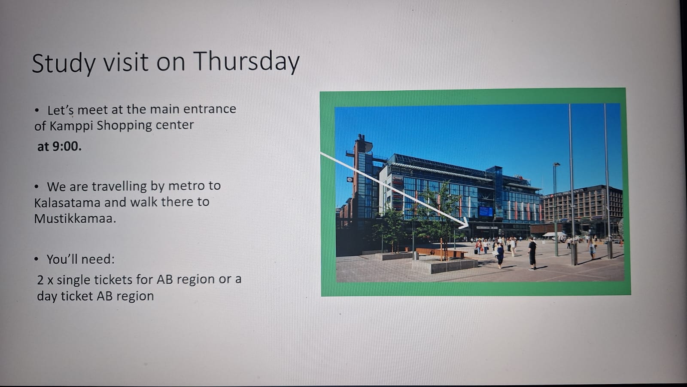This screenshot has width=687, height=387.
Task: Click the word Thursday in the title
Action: (246, 62)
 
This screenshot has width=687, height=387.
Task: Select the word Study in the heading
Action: (64, 64)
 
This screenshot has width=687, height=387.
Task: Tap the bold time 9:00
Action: (67, 147)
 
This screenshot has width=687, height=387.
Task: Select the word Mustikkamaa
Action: (75, 219)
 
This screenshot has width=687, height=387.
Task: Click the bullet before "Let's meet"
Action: (37, 110)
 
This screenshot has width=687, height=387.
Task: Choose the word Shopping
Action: (124, 126)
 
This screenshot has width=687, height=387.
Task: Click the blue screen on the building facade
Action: (486, 211)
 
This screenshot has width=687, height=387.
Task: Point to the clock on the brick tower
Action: (350, 179)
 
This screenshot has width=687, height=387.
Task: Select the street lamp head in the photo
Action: (556, 164)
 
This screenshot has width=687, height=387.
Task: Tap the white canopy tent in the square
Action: (554, 235)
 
